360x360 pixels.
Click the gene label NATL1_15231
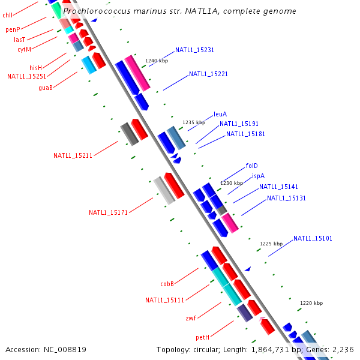[194, 50]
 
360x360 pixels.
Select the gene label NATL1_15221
[208, 74]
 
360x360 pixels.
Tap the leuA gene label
[220, 114]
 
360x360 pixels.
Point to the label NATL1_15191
[239, 124]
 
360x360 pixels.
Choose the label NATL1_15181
[245, 134]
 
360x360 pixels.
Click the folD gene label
[251, 166]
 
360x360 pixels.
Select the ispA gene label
[258, 176]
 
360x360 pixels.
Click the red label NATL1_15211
[73, 156]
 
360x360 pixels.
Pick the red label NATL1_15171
[108, 213]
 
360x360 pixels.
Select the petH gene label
[202, 338]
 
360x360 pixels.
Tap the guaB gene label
[46, 88]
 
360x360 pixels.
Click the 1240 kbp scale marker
[157, 61]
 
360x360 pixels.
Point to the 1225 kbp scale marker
[271, 244]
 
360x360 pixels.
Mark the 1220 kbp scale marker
[311, 304]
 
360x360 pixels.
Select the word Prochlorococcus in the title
[93, 11]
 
